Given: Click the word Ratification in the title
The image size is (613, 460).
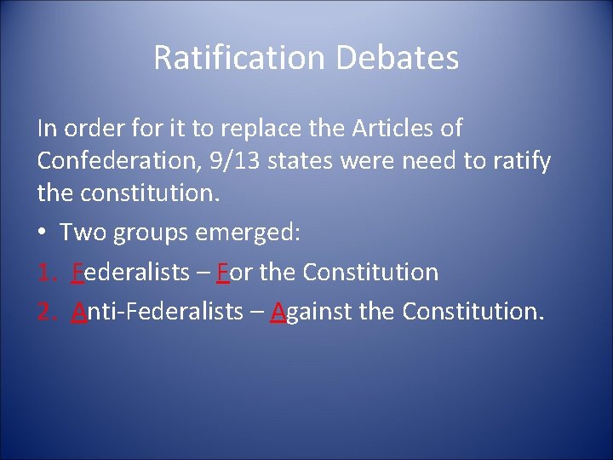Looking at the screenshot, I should (239, 58).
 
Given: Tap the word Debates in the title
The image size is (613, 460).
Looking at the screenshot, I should (398, 58).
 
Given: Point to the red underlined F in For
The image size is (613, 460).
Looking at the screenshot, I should (223, 273).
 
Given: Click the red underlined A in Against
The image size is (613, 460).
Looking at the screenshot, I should (278, 312).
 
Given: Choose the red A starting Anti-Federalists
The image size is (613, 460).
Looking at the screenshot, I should (80, 312).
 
